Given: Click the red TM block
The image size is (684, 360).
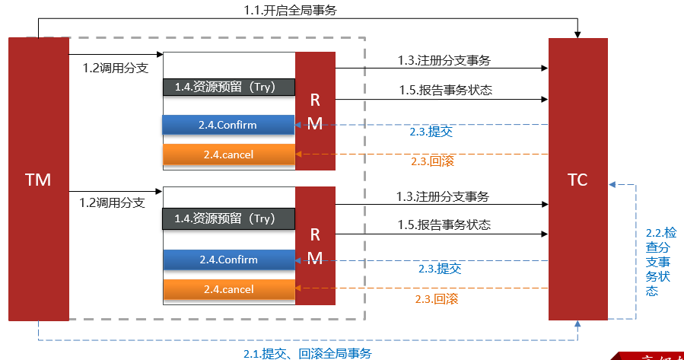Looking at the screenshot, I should point(38,180).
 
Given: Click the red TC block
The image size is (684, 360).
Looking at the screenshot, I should point(577,180).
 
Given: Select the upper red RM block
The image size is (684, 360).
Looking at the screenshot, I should point(315,111).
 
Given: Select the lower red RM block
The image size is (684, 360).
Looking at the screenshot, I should point(315,245).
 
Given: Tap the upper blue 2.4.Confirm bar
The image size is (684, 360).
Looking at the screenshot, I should point(228,125).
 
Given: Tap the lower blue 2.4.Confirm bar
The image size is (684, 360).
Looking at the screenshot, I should point(228,260).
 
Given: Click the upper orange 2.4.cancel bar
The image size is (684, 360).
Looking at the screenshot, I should point(228,155).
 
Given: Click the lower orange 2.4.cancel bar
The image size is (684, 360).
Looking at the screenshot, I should point(228,289).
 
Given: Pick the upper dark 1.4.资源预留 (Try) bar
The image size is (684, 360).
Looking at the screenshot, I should point(228,87).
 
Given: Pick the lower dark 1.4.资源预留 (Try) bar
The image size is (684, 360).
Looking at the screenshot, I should point(228,218).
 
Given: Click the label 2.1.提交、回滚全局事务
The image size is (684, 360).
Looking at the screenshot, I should point(307,353).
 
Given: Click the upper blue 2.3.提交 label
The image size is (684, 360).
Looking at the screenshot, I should point(431,132).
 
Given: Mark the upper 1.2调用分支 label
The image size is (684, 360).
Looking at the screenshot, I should point(115,68).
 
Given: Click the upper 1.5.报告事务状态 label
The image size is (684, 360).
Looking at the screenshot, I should point(445,90).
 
